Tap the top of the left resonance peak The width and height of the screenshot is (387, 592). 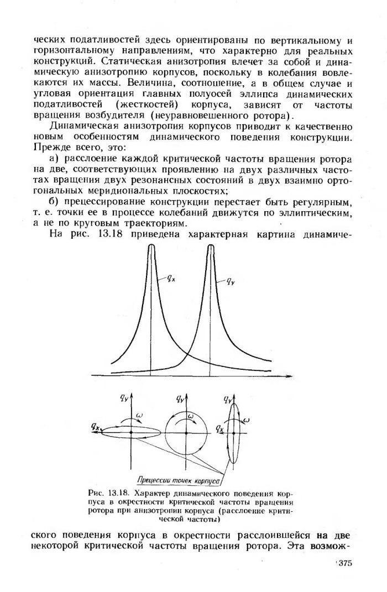pos(151,247)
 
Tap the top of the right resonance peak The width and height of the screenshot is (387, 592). pos(211,247)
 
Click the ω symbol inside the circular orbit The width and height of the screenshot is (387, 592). pos(190,416)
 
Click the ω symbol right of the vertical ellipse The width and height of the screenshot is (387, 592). pos(247,421)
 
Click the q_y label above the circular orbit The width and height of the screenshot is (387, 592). pos(181,397)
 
